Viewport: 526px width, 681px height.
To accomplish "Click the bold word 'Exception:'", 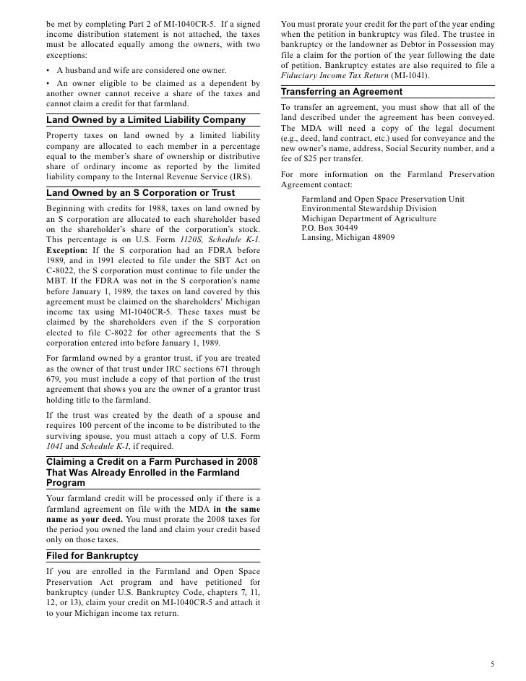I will [67, 249].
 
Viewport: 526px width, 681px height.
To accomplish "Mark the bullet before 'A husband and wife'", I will [48, 70].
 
